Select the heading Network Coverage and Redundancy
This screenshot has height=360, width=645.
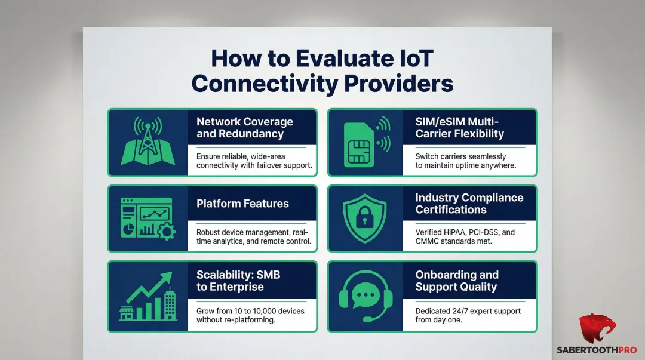(244, 128)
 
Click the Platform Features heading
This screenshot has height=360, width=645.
(242, 204)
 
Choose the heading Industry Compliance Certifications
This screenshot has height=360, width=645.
(469, 204)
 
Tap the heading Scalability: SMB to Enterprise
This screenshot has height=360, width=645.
(239, 281)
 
